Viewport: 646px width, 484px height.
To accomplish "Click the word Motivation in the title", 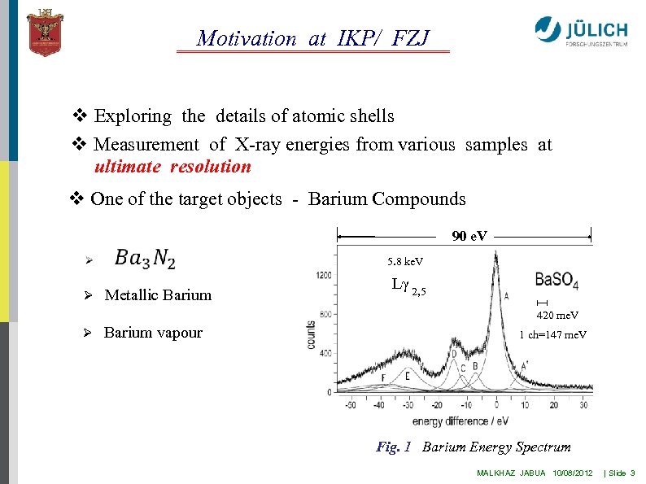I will [247, 38].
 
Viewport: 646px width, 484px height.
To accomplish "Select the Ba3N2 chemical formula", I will [145, 259].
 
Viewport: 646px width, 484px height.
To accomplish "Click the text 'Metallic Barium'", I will [158, 295].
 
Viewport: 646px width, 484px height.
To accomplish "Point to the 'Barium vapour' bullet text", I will [153, 333].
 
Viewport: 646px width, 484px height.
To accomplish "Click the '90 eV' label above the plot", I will [469, 237].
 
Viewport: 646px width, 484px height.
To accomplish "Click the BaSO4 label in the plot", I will [557, 281].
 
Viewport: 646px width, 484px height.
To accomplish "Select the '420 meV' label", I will [557, 315].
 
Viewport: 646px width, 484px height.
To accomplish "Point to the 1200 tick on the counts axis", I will [324, 276].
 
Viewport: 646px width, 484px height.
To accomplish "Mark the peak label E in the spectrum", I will [407, 376].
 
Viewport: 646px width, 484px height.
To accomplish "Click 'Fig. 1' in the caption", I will [394, 447].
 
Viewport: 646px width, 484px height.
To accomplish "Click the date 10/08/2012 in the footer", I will [572, 473].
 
